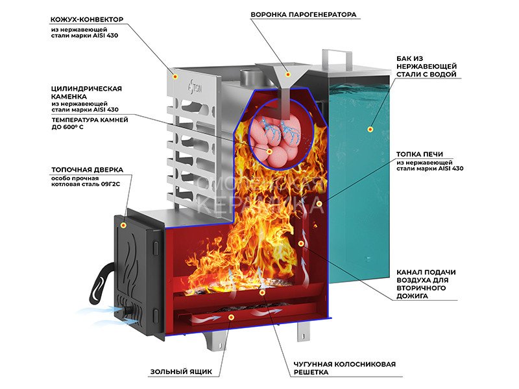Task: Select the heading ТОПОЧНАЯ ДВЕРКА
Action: (82, 169)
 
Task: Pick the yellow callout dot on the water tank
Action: (370, 129)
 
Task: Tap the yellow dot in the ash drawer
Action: (232, 317)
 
